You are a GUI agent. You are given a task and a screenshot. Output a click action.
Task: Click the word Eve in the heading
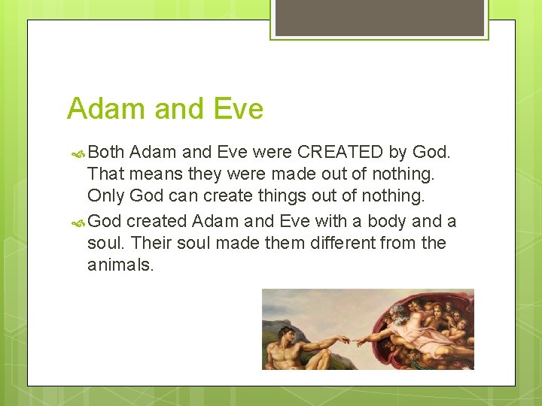(237, 110)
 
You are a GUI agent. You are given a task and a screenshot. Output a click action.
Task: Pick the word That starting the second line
(105, 174)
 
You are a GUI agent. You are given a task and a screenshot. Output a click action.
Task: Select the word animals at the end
(120, 265)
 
